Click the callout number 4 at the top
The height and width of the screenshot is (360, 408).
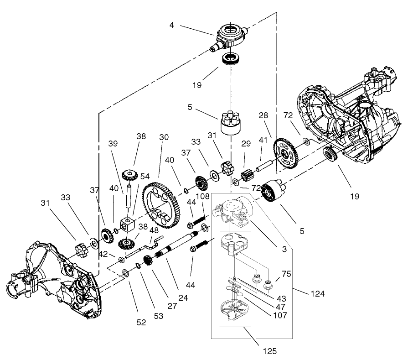click(172, 25)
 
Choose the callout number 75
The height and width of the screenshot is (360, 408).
click(286, 274)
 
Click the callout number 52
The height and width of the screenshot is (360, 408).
click(141, 322)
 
